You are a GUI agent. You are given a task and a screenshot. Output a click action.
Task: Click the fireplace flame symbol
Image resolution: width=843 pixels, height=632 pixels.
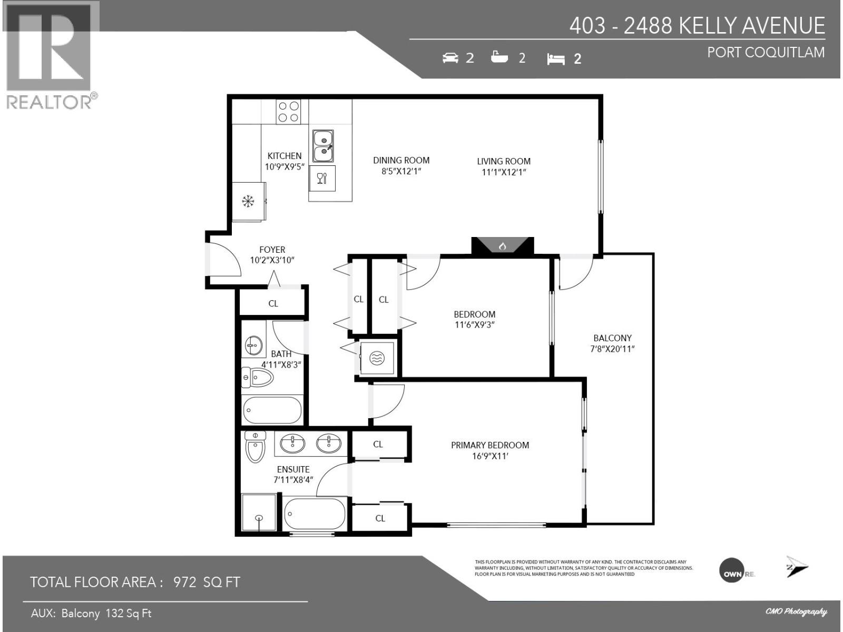pos(503,246)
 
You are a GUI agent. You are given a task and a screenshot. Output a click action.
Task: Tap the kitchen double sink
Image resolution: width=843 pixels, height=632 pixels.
pos(322,146)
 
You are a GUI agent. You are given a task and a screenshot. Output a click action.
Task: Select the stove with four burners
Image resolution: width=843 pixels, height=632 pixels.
pos(288,112)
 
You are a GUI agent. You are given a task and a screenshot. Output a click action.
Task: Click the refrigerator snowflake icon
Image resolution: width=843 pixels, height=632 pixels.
pos(248,201)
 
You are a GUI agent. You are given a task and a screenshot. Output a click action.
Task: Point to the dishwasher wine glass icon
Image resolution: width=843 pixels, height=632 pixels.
pos(322,178)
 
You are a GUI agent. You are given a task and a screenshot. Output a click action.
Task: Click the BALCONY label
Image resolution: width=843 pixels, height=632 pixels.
pos(612,338)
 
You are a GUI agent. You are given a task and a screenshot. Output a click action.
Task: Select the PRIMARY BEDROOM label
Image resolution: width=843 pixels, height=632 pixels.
pos(489,445)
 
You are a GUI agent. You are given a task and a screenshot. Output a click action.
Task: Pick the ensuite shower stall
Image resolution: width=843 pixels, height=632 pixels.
pos(258,512)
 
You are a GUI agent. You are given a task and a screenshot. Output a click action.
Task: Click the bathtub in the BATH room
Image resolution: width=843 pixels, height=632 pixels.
pos(272,410)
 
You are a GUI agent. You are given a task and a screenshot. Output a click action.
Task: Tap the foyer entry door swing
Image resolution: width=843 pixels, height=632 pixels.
pos(226,260)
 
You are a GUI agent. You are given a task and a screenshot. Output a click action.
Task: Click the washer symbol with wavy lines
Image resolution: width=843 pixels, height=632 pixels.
pos(377,359)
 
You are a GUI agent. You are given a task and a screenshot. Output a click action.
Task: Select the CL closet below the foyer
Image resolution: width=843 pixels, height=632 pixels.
pos(273,303)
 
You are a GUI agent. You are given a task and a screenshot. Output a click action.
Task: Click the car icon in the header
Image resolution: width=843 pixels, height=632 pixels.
pos(450,58)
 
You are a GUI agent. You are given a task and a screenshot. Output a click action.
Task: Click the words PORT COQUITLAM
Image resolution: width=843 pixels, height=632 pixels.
pos(766,53)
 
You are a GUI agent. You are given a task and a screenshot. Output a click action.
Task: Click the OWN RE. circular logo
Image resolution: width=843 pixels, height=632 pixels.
pos(734,574)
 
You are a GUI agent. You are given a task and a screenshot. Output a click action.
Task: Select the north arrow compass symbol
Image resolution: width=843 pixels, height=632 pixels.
pos(797,567)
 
